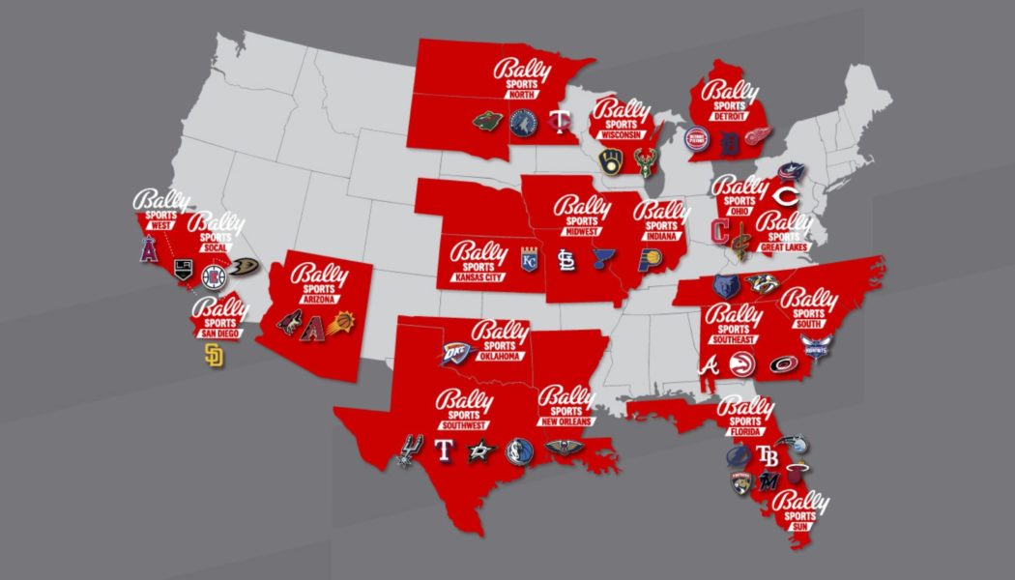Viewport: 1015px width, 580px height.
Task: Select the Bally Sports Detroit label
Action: (730, 98)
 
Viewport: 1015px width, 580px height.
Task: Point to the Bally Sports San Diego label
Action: (217, 318)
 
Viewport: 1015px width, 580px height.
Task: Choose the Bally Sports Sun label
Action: (800, 509)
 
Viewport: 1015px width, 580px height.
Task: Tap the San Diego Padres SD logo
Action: (214, 356)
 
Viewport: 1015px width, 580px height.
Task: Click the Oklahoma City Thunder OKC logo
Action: (458, 355)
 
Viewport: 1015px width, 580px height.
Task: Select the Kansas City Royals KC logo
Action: (528, 260)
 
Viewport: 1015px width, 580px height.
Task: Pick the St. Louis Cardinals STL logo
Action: (567, 259)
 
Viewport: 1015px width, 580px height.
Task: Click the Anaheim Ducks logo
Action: (244, 266)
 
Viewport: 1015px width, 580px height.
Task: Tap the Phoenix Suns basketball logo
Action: (346, 320)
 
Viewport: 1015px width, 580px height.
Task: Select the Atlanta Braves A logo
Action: (710, 364)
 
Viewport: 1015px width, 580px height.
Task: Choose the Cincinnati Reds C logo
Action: (793, 196)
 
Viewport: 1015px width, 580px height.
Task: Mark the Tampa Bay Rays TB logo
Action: (768, 454)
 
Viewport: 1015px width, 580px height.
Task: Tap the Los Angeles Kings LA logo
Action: (183, 267)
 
